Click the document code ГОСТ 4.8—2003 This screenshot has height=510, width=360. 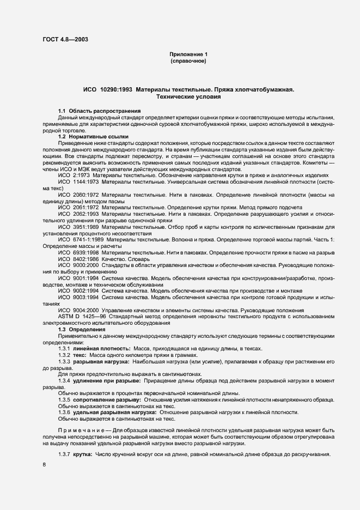click(65, 39)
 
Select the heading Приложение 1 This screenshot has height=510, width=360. click(188, 54)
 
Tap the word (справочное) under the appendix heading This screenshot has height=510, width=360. click(188, 62)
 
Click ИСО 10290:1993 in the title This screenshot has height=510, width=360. click(107, 89)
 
